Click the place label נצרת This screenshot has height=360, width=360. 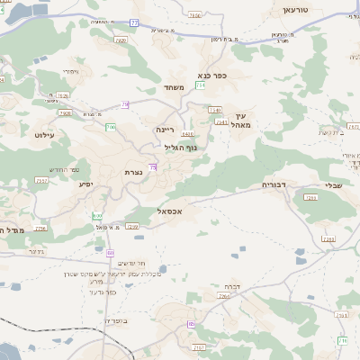pyautogui.click(x=133, y=171)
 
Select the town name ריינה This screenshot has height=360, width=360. pyautogui.click(x=166, y=130)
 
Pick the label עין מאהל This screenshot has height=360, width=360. pyautogui.click(x=242, y=121)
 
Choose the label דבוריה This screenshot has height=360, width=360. pyautogui.click(x=274, y=184)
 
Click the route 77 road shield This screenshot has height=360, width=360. pyautogui.click(x=135, y=22)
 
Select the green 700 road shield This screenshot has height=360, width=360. pyautogui.click(x=111, y=128)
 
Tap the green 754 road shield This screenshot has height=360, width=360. pyautogui.click(x=200, y=85)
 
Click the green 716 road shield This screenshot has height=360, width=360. pyautogui.click(x=343, y=339)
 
